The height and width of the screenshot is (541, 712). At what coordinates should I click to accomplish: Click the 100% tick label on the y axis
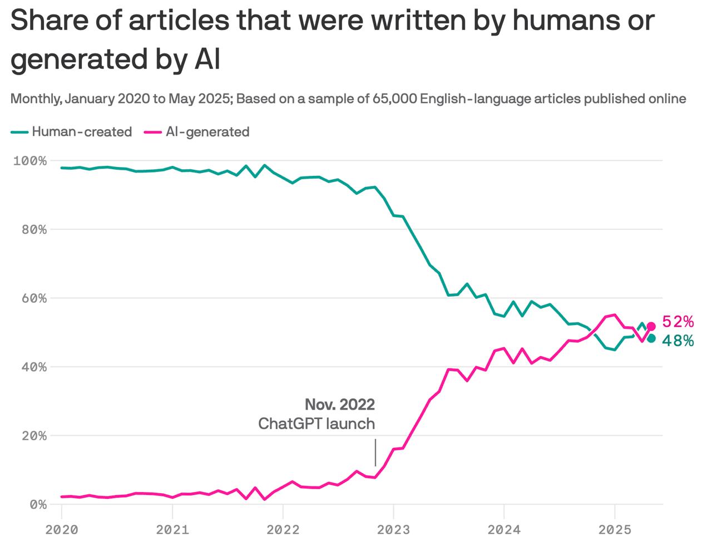29,161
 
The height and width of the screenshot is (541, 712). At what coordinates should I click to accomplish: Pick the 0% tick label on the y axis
36,504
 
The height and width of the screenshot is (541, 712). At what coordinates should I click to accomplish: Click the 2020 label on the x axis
62,529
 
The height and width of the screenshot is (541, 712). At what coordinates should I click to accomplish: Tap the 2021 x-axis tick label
172,529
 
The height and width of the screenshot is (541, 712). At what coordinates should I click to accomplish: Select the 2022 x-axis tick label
283,529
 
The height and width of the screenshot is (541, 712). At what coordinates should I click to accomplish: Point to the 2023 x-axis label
393,529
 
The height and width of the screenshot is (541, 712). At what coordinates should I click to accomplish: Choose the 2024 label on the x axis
503,529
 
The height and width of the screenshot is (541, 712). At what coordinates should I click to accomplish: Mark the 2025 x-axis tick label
614,529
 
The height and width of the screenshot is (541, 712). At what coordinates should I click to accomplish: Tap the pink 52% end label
678,322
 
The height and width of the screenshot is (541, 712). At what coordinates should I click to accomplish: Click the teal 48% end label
678,341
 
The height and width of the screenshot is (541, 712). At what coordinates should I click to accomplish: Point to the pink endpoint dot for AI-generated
651,326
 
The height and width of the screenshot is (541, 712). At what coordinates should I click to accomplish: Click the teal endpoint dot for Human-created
651,338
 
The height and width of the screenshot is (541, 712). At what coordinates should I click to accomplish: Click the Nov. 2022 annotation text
339,404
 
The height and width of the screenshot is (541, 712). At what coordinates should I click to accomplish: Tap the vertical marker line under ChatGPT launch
375,452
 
